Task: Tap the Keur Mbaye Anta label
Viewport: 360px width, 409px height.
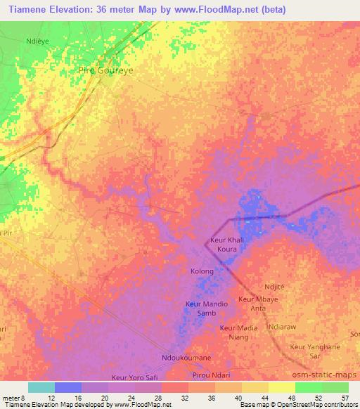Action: click(256, 304)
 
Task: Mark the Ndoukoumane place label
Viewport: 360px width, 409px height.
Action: click(186, 358)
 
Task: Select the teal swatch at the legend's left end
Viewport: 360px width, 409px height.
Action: click(41, 387)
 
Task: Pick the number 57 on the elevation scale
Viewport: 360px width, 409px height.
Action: click(344, 398)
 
